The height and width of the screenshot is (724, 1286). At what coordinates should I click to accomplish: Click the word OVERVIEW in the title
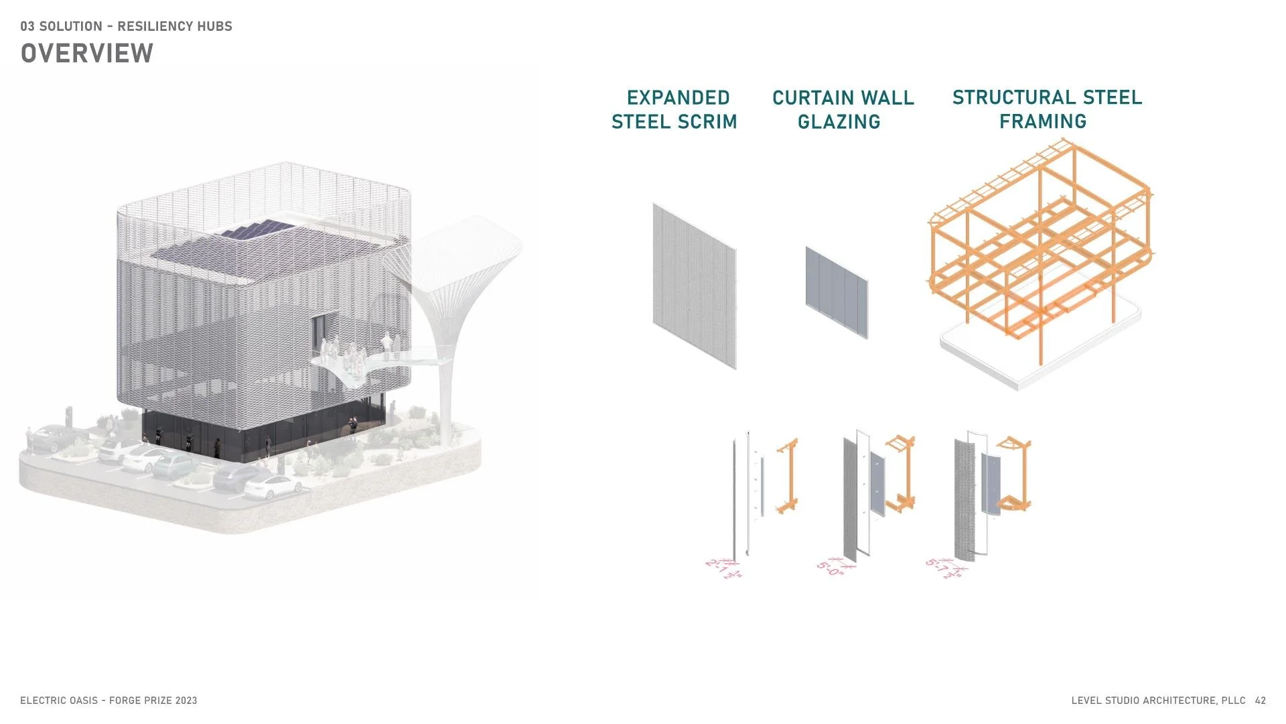87,54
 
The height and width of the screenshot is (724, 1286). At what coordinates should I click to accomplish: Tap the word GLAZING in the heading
839,122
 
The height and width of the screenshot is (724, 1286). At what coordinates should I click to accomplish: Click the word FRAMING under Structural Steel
1043,122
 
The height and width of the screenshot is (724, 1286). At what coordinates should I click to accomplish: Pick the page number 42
1261,701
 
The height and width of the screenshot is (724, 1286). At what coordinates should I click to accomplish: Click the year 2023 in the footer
186,701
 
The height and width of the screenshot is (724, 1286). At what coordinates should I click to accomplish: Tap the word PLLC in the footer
1233,701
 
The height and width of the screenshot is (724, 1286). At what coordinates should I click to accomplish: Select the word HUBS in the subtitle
214,27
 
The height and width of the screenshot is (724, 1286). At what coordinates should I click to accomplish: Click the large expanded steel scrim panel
695,286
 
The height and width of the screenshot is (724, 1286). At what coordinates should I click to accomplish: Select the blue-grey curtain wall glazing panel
837,292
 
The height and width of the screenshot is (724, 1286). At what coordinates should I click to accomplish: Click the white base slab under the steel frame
1045,362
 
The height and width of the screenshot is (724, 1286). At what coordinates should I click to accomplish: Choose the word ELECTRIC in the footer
42,701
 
